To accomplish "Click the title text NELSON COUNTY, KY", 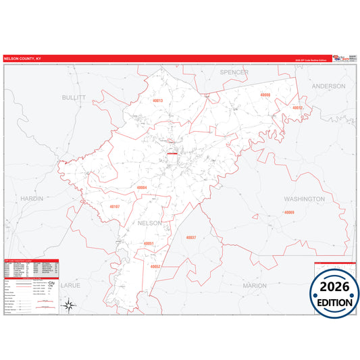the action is pos(22,59).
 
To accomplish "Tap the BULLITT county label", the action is pos(74,97).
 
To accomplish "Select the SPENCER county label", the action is pos(234,72).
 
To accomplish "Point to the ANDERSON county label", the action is pos(328,86).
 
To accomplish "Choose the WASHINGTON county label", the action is pos(304,199).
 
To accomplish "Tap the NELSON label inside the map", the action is pos(149,223).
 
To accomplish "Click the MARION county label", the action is pos(255,286).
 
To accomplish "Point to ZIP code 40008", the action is pos(265,95).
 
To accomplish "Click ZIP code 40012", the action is pos(297,107).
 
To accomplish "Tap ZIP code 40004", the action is pos(141,187).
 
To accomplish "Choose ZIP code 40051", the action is pos(149,243).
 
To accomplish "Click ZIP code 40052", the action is pos(155,266).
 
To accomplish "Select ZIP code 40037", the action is pos(190,238).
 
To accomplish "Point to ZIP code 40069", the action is pos(288,212).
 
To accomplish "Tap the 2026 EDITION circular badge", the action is pos(334,293).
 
